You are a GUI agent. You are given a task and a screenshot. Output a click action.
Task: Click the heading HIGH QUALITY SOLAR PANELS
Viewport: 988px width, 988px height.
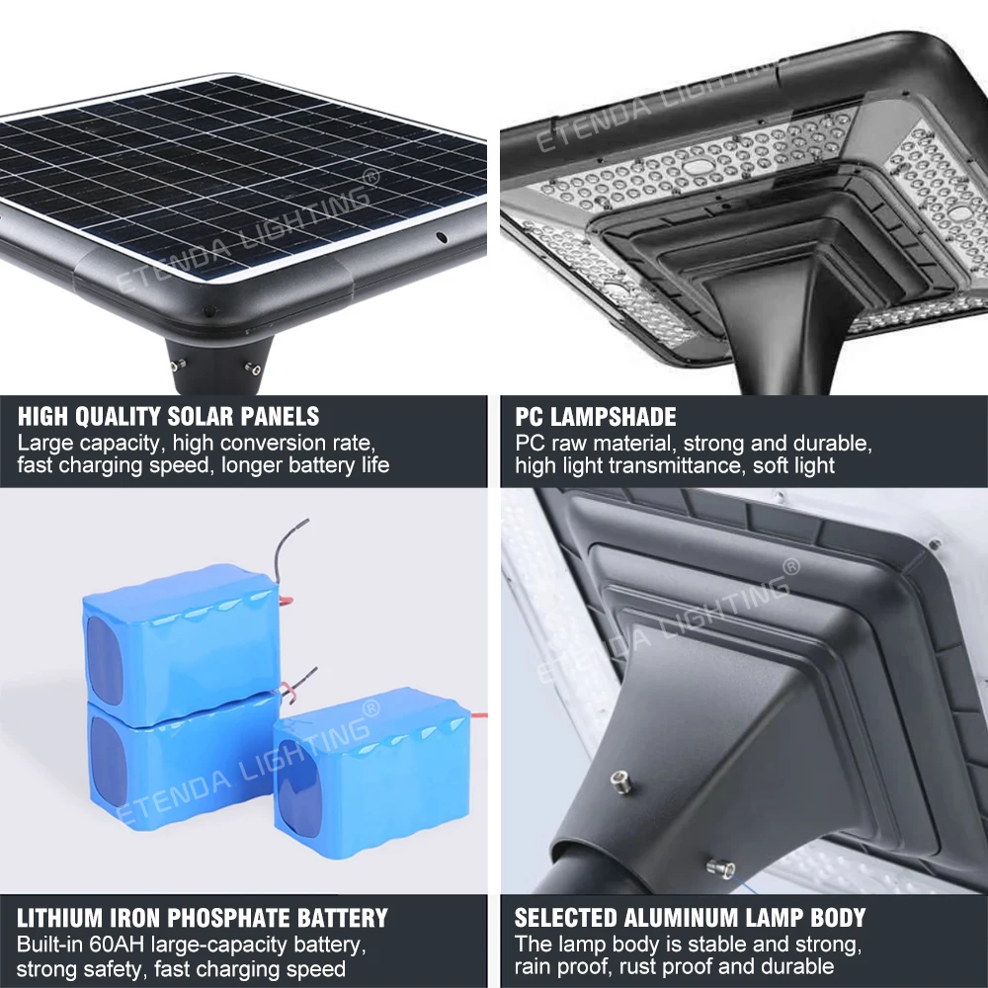[x=168, y=416]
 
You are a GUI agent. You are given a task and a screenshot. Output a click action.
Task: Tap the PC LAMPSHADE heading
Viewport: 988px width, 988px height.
[x=596, y=416]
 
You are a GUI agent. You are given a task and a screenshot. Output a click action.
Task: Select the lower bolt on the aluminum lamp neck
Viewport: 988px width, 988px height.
[x=714, y=868]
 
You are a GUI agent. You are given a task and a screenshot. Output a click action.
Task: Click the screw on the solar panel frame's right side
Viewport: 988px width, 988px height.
[x=442, y=238]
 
